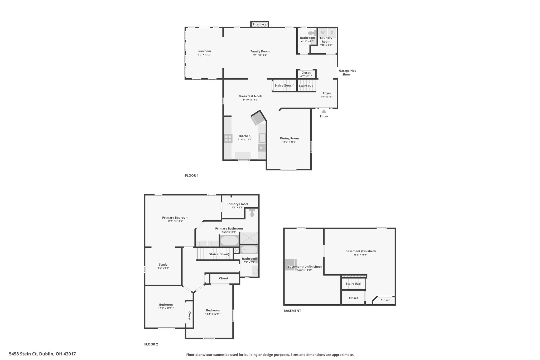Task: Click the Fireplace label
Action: coord(259,25)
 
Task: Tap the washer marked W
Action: coord(323,33)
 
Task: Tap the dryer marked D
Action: coord(332,33)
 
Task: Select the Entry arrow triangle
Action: coord(324,111)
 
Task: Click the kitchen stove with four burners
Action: coord(228,138)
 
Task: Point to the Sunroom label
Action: coord(204,51)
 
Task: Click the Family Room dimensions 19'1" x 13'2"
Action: coord(260,55)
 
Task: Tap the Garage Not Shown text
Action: coord(347,73)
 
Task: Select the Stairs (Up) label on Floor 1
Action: coord(307,86)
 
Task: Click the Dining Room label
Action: coord(289,138)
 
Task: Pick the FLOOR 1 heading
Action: coord(192,175)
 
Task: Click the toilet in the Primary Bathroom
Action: coord(252,212)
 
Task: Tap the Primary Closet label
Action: coord(237,204)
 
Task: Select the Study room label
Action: coord(163,265)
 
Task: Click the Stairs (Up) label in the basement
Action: coord(353,284)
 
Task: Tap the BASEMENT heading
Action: coord(292,311)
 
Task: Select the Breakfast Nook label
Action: coord(250,96)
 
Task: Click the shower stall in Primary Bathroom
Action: coord(249,238)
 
